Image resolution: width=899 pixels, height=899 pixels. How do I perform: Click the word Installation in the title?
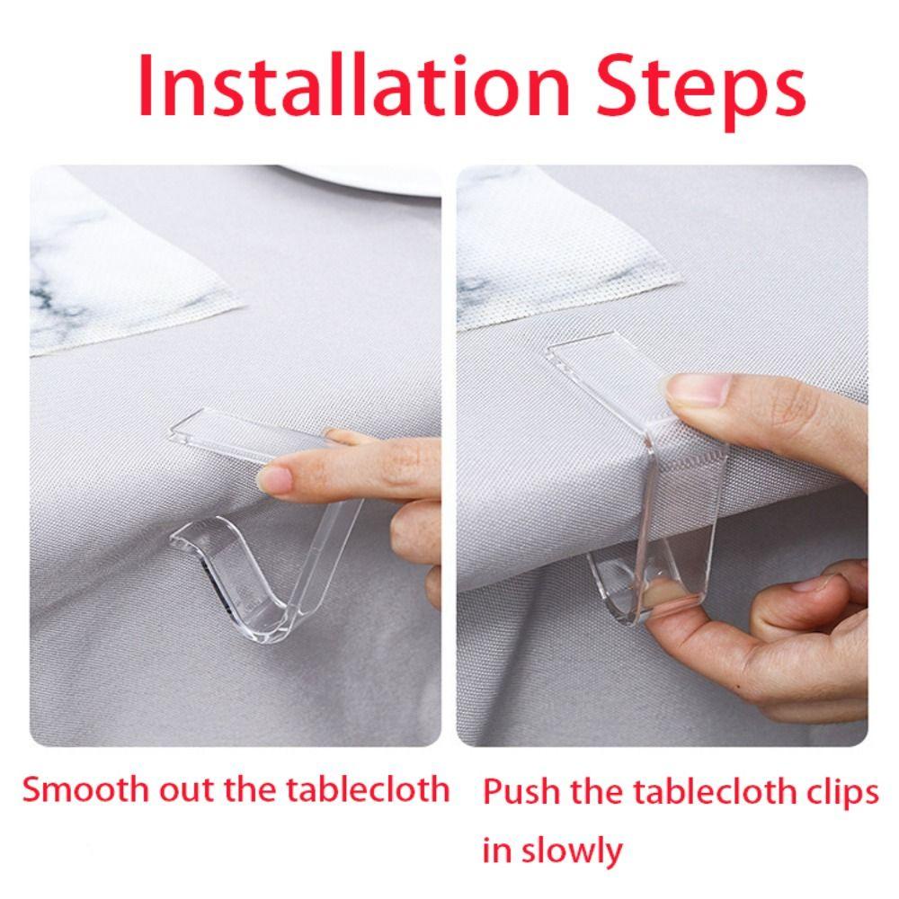(x=353, y=86)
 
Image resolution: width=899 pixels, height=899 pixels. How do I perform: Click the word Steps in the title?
(x=700, y=92)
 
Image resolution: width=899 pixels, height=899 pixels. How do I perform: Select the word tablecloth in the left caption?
(x=368, y=789)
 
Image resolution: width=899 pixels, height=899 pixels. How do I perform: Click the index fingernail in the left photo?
(x=274, y=479)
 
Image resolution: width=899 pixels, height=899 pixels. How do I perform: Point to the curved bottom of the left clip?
(x=270, y=628)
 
